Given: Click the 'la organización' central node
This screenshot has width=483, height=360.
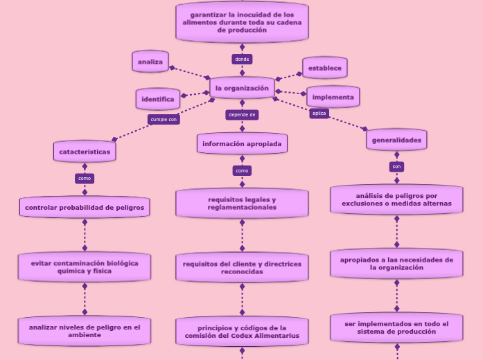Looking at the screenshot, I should point(242,88).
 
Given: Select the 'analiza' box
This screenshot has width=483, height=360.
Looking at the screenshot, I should point(150,62).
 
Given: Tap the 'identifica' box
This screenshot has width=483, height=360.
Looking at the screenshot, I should point(158,99).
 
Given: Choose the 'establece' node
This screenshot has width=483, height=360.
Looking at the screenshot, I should point(324,68).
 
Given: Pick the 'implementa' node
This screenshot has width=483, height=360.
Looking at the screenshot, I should point(333,97).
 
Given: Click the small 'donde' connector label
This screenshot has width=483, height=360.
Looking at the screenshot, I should point(242,59).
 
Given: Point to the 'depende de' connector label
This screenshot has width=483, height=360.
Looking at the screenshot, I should point(242,114).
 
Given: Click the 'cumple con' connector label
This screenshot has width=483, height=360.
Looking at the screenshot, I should point(164,119).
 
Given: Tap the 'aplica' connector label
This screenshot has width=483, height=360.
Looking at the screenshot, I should point(319,113).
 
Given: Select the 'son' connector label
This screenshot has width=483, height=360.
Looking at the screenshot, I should point(396,166).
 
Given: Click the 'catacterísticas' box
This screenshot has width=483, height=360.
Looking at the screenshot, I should point(85,150).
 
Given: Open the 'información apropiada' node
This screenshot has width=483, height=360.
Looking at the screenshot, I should point(242,143).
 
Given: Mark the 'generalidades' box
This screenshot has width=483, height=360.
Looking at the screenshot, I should point(396,139).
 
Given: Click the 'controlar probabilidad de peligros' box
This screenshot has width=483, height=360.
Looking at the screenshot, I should point(85,207).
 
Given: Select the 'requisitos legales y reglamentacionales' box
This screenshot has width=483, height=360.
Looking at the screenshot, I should point(242,204).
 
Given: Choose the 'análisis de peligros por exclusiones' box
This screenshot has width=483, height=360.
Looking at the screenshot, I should point(396,199).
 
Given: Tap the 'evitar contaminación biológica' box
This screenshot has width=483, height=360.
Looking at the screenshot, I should point(85,267).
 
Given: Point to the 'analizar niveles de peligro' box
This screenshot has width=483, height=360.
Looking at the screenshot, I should point(85,330).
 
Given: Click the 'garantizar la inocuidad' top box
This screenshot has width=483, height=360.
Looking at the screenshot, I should point(242,22).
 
